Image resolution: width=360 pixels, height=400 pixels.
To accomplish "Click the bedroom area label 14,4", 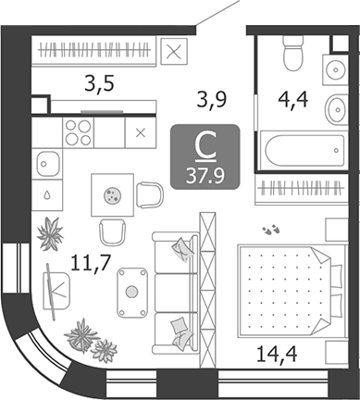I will coord(278,352).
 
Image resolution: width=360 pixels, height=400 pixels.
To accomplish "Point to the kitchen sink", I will coord(49,165).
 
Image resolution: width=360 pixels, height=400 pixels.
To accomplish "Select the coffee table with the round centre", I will coord(132,291).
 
